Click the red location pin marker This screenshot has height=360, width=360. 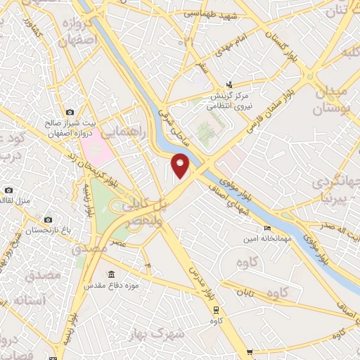[181, 165]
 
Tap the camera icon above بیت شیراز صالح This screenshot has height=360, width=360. [69, 112]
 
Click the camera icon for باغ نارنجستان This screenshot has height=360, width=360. [48, 220]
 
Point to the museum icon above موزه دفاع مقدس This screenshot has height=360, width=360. [111, 274]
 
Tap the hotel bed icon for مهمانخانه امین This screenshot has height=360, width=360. [266, 228]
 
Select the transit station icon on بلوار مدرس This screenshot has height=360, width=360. [215, 308]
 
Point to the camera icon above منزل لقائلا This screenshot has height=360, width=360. [8, 190]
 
